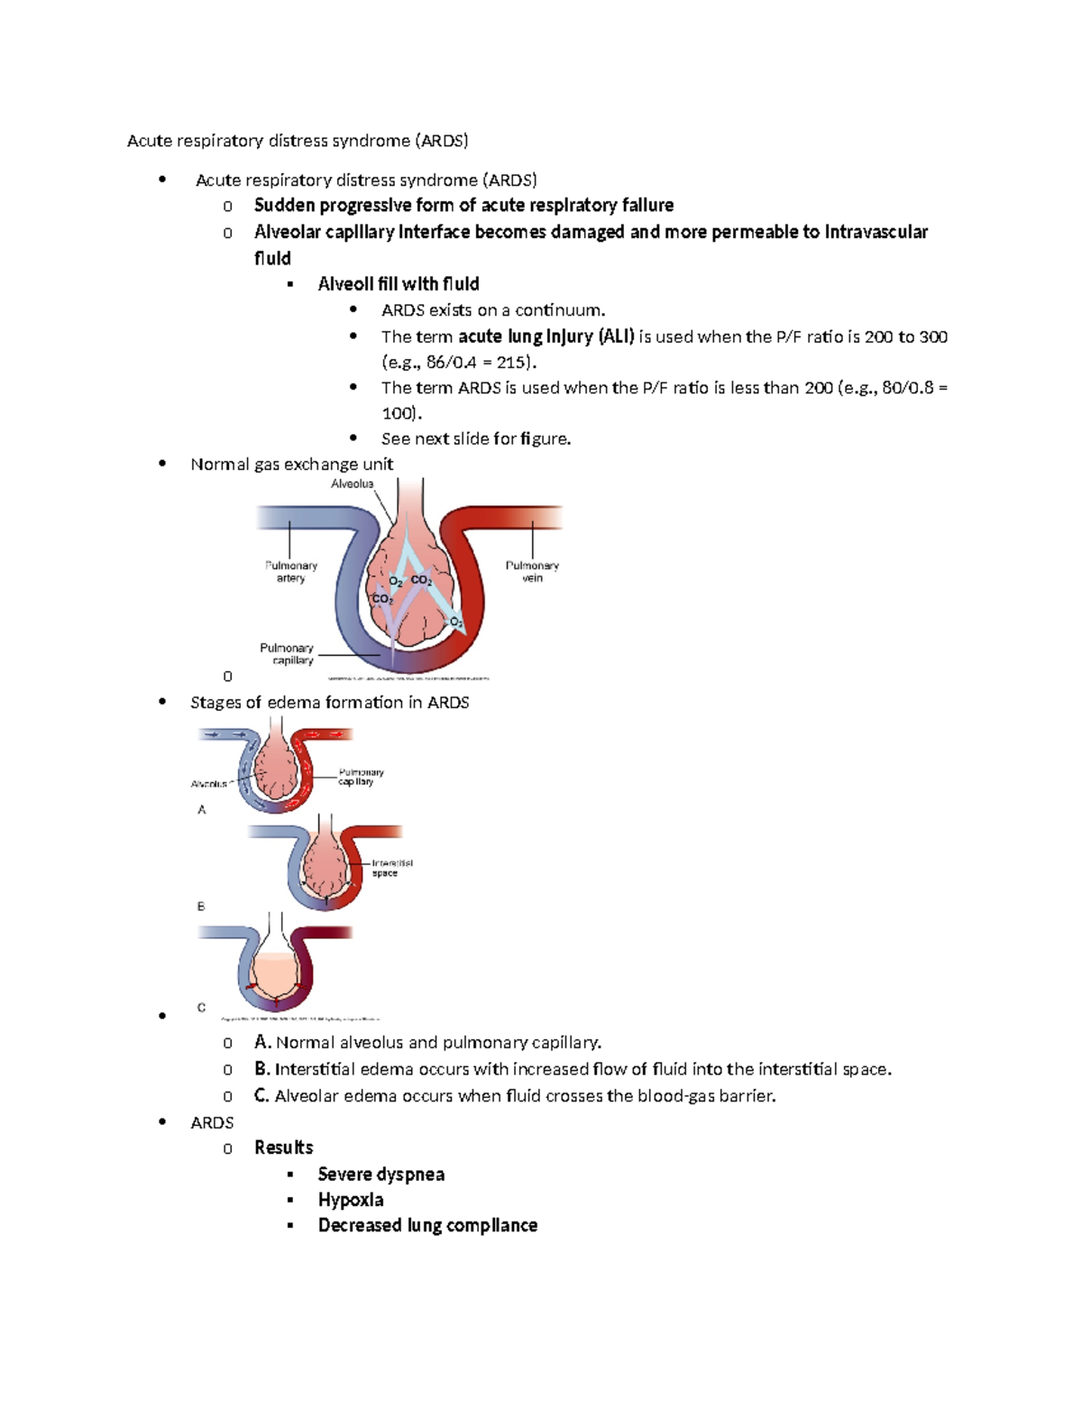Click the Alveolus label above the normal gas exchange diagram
[x=352, y=484]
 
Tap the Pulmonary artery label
[x=290, y=572]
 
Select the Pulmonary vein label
[x=532, y=572]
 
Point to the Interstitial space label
[x=391, y=868]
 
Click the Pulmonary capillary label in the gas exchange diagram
[x=287, y=654]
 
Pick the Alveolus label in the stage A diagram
[x=209, y=784]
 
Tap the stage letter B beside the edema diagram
[x=201, y=906]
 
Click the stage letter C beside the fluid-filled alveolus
[x=201, y=1008]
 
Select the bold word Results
[x=283, y=1148]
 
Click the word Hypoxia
[x=351, y=1200]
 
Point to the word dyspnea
[x=412, y=1175]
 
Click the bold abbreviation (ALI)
[x=616, y=336]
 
